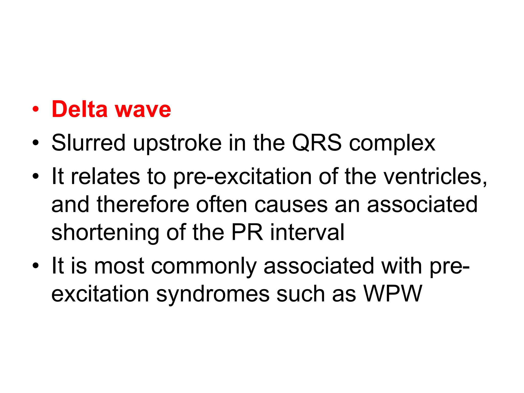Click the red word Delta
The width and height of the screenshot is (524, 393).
tap(80, 109)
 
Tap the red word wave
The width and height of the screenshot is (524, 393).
tap(143, 110)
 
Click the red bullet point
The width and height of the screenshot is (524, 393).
tap(36, 110)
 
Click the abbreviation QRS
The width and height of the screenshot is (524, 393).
tap(317, 143)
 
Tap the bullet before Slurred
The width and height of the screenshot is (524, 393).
tap(36, 143)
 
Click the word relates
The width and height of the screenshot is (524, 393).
tap(105, 176)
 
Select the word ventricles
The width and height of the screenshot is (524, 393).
tap(416, 176)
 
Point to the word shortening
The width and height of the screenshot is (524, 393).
tap(105, 233)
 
